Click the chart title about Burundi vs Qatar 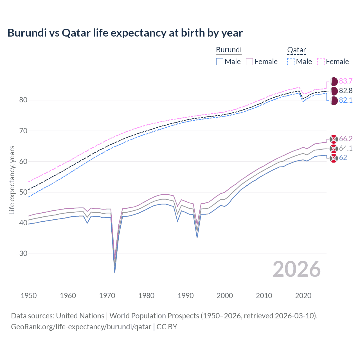coord(125,33)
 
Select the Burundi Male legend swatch coord(220,62)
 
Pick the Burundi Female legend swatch coord(249,62)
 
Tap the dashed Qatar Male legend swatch coord(291,62)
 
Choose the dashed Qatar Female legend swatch coord(321,62)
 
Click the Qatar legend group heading coord(296,50)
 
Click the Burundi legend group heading coord(229,50)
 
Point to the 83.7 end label coord(346,81)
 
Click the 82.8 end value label coord(346,91)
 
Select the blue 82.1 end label coord(346,100)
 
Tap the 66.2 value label coord(346,139)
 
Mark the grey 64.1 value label coord(346,148)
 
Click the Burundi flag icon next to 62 coord(334,158)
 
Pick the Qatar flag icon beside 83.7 coord(334,82)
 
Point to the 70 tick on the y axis coord(23,131)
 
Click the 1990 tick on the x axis coord(186,296)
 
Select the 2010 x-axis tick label coord(264,296)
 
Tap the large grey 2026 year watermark coord(296,269)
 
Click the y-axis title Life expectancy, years coord(12,180)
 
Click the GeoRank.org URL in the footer coord(81,327)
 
